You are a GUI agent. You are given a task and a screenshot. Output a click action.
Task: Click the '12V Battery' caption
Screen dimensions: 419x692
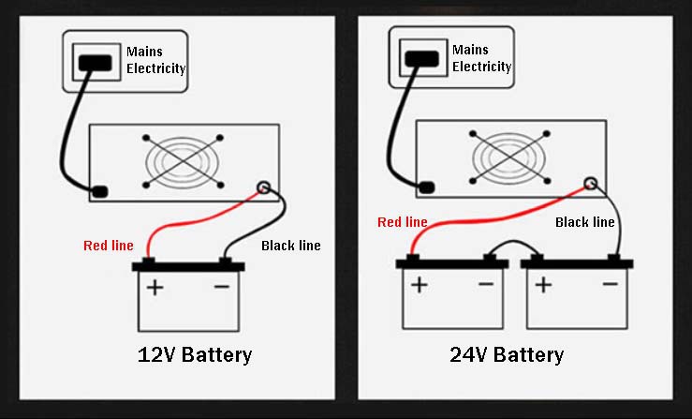195,354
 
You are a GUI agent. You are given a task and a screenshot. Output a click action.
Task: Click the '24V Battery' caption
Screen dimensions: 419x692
506,354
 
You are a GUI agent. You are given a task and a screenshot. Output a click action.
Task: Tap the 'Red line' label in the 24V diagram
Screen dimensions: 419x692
402,222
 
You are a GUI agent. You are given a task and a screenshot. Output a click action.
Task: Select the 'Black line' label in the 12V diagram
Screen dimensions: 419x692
290,246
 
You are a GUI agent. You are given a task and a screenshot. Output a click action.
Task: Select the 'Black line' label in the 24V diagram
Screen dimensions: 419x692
585,222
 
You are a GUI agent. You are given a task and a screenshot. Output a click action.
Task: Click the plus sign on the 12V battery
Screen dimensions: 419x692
155,286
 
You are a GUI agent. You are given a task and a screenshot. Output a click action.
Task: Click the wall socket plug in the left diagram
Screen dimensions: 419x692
92,63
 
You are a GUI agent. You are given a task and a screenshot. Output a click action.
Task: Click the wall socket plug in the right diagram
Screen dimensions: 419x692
417,58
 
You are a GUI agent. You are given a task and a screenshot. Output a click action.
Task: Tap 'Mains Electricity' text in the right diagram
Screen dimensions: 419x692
481,58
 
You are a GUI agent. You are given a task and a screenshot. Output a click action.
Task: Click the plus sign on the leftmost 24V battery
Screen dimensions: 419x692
419,284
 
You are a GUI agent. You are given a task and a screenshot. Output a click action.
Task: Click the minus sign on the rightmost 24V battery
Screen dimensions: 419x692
610,284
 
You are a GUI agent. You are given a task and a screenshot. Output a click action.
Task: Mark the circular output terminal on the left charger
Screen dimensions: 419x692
264,187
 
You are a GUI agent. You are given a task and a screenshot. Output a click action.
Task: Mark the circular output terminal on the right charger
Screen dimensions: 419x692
590,184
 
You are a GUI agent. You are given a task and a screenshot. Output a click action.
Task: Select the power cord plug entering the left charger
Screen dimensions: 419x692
97,192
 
